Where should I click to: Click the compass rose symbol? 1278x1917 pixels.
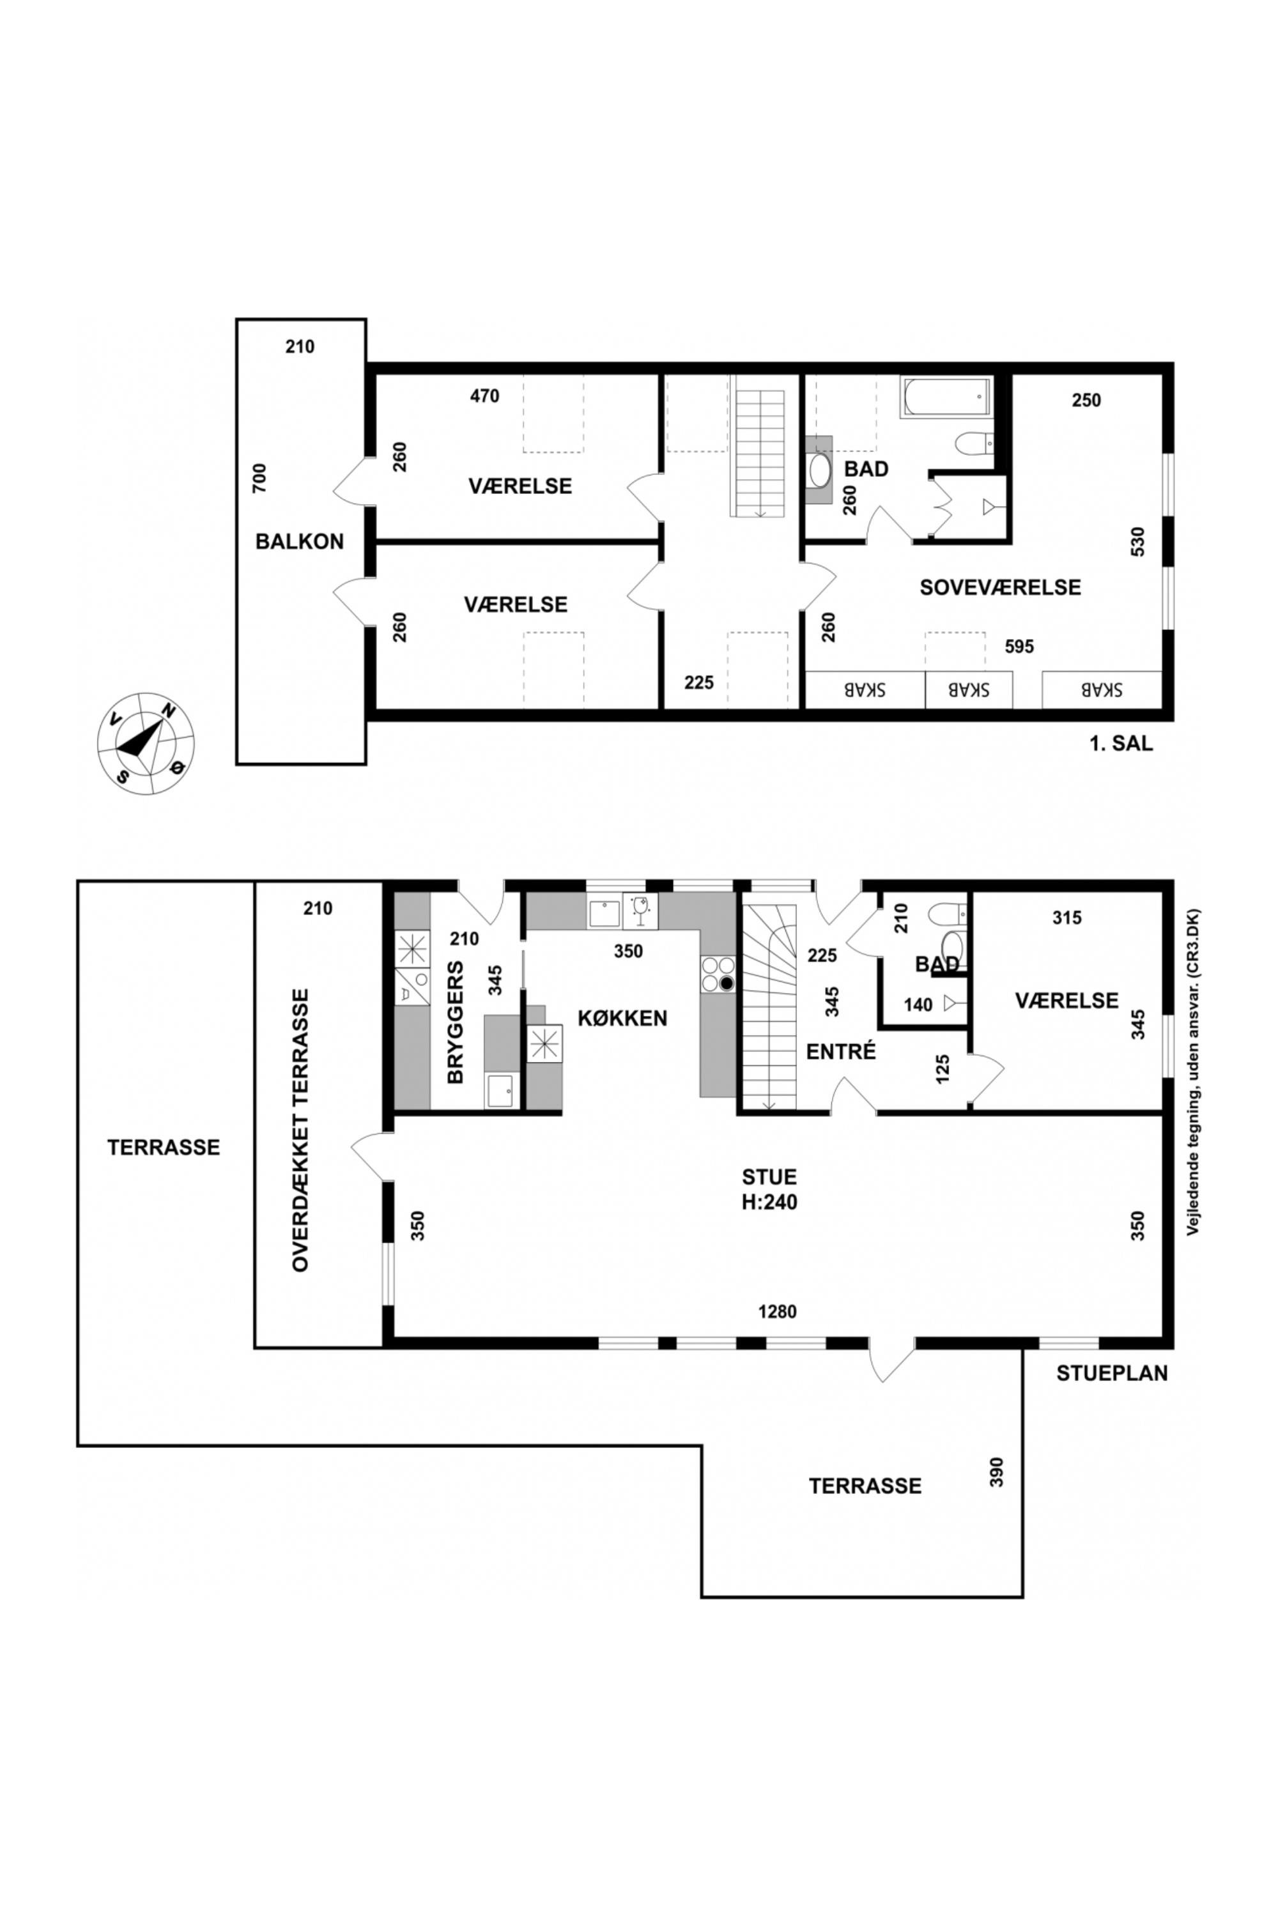(146, 743)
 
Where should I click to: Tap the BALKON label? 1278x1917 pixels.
(299, 541)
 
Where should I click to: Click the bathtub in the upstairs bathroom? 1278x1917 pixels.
(947, 397)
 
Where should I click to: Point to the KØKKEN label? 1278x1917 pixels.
(622, 1018)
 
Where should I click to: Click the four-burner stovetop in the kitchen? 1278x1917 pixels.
(717, 973)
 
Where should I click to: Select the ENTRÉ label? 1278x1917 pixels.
(840, 1051)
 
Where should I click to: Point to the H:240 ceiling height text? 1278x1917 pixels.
(769, 1202)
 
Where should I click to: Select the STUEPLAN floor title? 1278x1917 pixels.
(1112, 1373)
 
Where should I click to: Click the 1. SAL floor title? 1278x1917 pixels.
(1121, 743)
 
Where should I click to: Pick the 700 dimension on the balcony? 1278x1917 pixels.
(259, 477)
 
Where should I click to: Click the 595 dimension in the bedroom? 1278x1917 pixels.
(1019, 646)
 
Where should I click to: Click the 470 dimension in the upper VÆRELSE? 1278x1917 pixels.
(484, 396)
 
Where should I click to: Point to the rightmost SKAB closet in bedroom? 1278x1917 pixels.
(1101, 689)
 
